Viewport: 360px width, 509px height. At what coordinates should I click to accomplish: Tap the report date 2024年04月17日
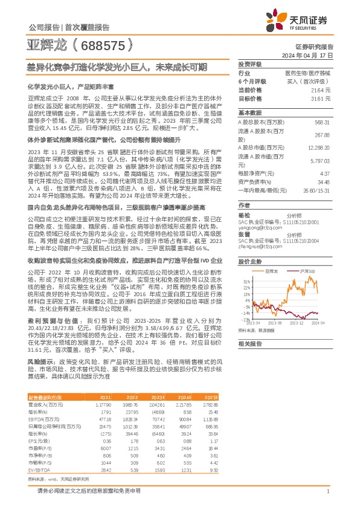coord(316,54)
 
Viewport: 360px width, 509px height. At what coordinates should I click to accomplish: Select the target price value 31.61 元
coord(324,97)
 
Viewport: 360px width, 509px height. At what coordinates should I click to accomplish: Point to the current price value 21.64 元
coord(324,89)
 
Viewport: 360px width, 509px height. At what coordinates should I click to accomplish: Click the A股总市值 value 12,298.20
coord(320,148)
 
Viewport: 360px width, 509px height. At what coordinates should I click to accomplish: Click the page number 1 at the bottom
coord(327,490)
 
